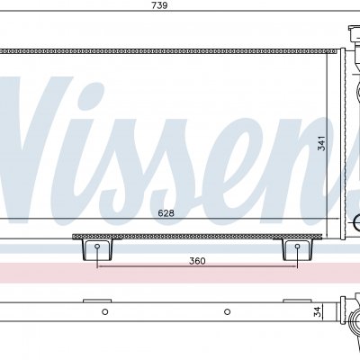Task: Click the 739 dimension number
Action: (159, 5)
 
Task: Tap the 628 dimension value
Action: (166, 213)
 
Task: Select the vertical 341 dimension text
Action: (321, 143)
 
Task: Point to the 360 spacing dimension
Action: (197, 261)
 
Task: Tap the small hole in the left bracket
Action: (97, 247)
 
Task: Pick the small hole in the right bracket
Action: (297, 247)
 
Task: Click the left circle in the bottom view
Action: (104, 311)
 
